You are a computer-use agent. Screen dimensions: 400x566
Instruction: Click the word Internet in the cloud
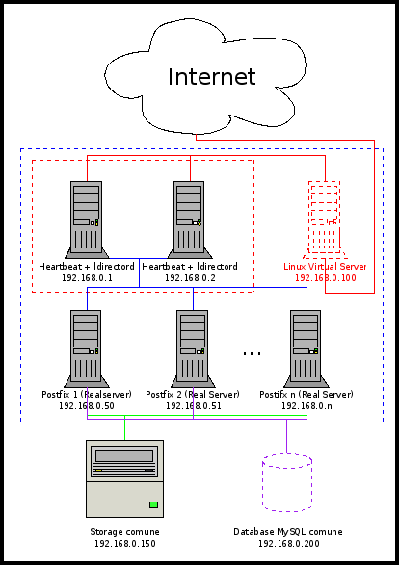212,77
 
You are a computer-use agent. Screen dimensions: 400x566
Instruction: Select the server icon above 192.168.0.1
87,219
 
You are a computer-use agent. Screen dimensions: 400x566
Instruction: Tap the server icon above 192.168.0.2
190,219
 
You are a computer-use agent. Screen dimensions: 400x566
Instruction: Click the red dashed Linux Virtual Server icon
325,219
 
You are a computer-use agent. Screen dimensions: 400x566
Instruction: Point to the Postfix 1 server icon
87,348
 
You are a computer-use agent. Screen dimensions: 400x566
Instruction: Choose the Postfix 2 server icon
193,348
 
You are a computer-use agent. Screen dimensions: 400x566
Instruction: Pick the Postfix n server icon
307,348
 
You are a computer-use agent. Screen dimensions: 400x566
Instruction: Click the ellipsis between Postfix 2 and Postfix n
252,354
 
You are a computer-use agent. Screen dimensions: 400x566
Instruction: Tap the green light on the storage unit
154,504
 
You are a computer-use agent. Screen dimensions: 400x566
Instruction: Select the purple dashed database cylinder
287,482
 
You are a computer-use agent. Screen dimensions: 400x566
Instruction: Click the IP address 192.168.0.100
326,278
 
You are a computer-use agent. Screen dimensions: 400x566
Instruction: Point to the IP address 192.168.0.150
125,544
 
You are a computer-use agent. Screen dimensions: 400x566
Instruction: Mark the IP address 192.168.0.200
289,544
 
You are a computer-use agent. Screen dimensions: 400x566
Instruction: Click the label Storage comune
124,532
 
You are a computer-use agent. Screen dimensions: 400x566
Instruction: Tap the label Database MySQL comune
288,532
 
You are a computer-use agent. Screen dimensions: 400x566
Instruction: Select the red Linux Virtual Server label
325,267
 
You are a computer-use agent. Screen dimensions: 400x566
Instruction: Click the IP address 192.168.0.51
194,406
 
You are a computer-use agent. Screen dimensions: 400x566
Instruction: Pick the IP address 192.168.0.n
307,406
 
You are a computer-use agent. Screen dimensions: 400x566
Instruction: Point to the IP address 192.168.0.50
87,406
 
